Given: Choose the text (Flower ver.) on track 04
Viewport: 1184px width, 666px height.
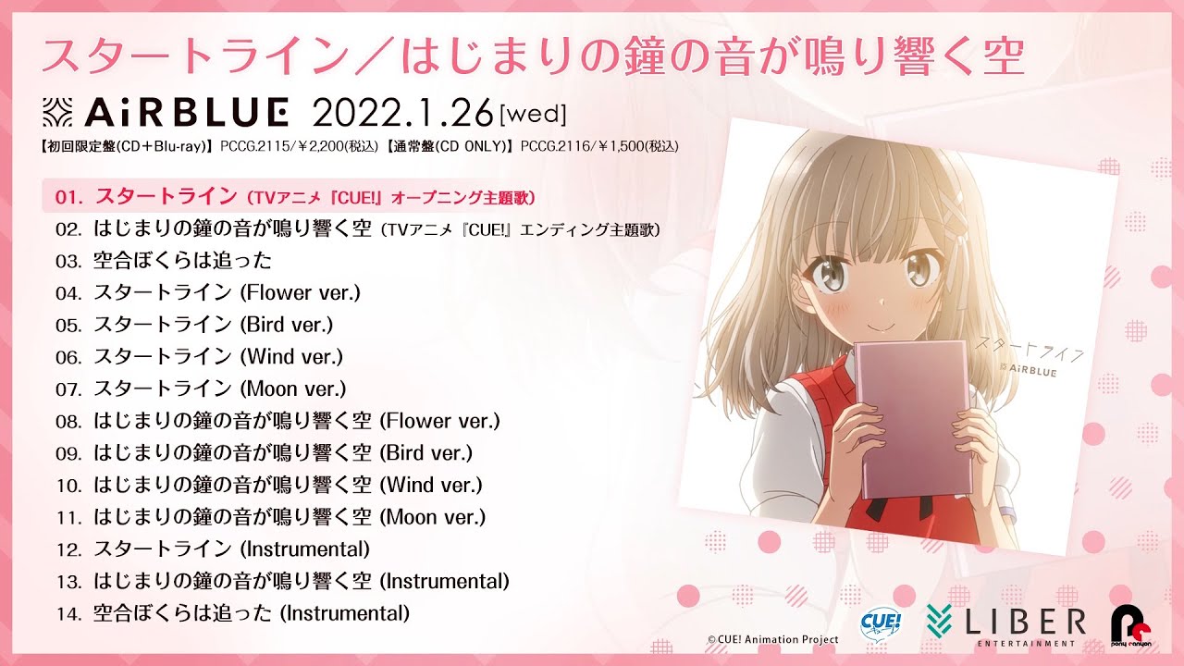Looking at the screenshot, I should (300, 293).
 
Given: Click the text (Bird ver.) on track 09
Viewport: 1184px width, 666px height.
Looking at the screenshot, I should (425, 453).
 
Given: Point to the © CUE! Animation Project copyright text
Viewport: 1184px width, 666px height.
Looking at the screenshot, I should (772, 639).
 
